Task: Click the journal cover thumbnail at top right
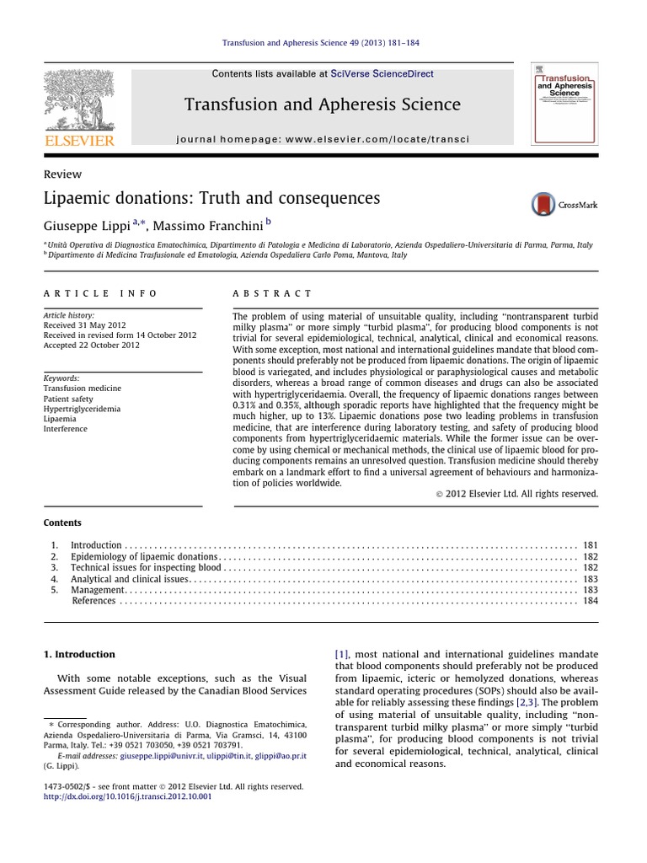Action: (564, 103)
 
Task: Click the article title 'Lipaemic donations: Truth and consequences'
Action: (211, 198)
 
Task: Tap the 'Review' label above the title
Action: (61, 174)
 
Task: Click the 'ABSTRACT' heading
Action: (271, 293)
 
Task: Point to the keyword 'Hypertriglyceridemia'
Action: (82, 409)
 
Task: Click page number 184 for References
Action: (590, 601)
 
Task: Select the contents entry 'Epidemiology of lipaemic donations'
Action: (144, 557)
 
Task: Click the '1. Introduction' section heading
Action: (79, 654)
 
